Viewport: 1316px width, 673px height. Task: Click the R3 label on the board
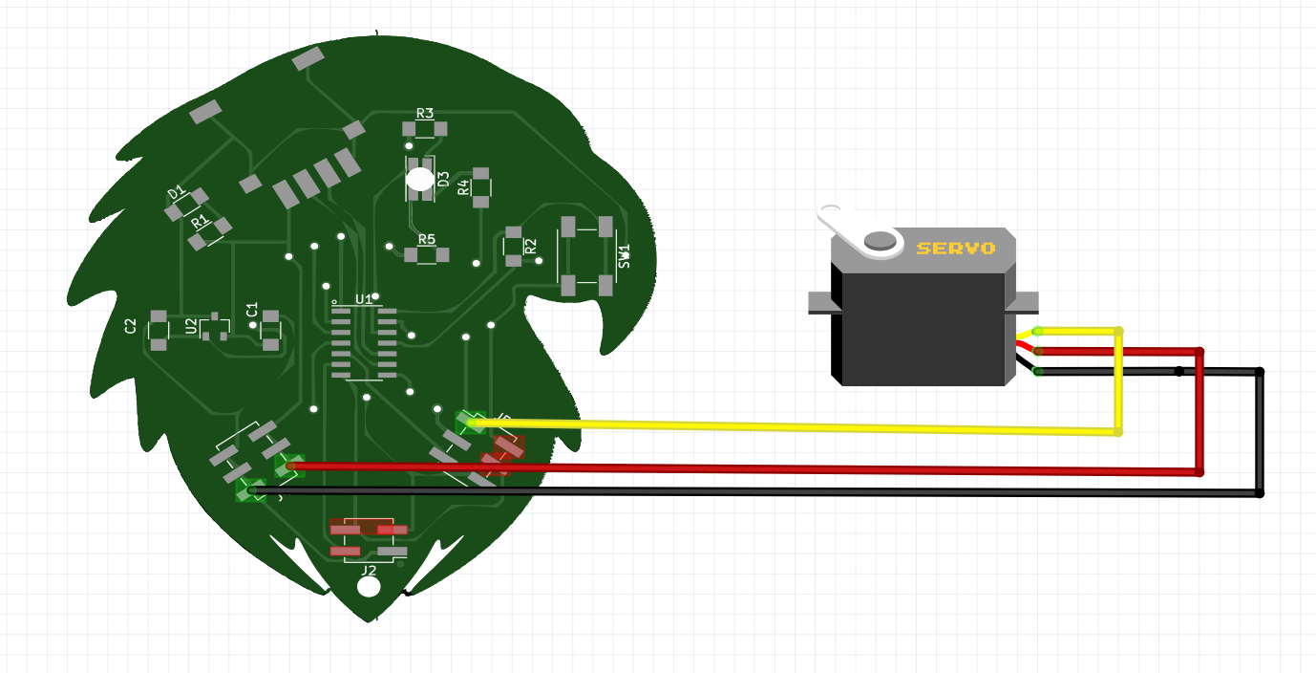pyautogui.click(x=425, y=114)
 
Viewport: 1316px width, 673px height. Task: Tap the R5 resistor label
pyautogui.click(x=426, y=239)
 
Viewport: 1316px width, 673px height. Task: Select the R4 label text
pyautogui.click(x=464, y=187)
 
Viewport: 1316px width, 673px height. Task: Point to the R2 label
pyautogui.click(x=530, y=247)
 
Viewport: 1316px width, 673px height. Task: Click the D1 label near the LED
pyautogui.click(x=177, y=193)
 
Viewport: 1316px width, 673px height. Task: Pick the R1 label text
pyautogui.click(x=199, y=222)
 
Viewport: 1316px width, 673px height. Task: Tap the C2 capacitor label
pyautogui.click(x=131, y=326)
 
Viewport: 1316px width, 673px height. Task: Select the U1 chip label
pyautogui.click(x=364, y=299)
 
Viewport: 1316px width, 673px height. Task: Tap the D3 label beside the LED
pyautogui.click(x=443, y=179)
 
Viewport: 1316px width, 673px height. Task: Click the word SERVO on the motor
pyautogui.click(x=955, y=249)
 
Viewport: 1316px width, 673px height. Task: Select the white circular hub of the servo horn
pyautogui.click(x=881, y=241)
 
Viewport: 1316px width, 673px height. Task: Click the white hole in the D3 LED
pyautogui.click(x=419, y=178)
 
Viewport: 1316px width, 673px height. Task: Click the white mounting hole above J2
pyautogui.click(x=368, y=587)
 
